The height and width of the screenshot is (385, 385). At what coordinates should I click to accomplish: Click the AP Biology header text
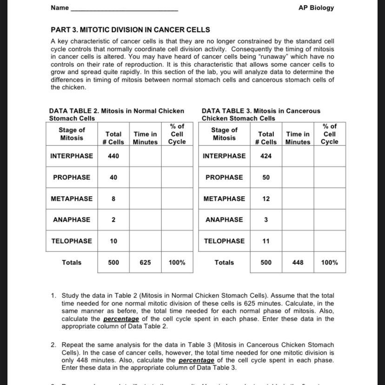316,8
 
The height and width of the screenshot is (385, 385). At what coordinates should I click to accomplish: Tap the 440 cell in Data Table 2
113,156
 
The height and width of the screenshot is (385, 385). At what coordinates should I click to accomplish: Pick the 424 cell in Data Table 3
266,156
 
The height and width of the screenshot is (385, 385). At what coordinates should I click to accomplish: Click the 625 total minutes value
145,263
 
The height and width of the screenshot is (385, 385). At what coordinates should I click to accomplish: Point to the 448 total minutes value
298,263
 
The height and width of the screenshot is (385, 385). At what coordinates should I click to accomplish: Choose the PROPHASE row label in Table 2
72,178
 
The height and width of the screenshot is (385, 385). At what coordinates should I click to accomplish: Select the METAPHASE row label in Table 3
224,199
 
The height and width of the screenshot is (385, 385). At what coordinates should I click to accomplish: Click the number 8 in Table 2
113,199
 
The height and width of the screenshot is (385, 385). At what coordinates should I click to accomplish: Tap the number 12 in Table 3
266,199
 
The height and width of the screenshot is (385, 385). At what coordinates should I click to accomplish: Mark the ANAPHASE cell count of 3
266,220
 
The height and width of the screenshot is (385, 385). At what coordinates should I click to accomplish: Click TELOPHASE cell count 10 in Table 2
113,241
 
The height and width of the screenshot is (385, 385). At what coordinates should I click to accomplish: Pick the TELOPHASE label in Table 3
224,241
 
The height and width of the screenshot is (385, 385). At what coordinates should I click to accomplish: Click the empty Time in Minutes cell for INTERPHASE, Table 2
145,156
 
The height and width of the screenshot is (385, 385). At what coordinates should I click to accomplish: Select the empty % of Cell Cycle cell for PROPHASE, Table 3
329,178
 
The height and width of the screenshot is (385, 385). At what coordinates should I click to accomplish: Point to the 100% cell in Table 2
177,263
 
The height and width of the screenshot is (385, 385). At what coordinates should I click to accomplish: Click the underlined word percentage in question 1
121,319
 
